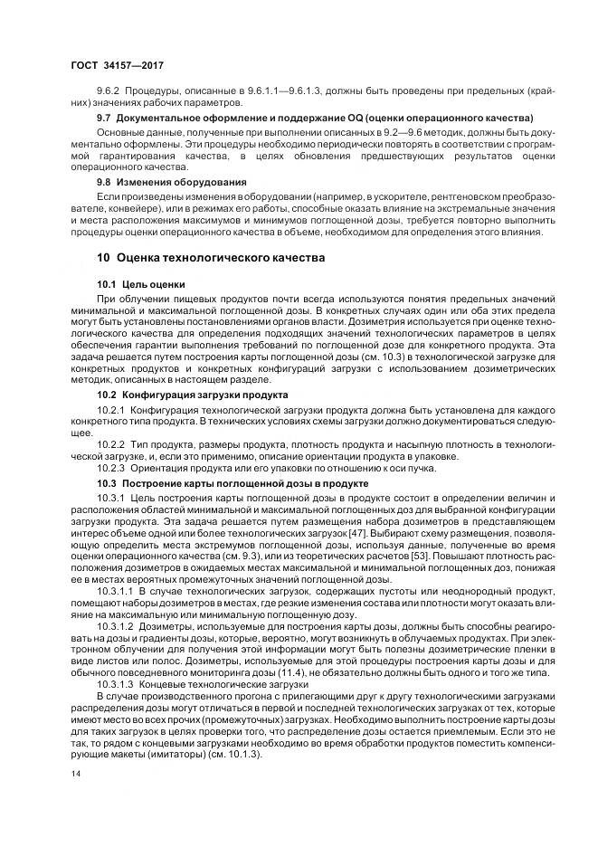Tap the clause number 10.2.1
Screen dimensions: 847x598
(x=111, y=411)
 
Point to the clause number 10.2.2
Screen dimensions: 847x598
(x=111, y=445)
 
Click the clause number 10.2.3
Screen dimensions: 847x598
(x=111, y=469)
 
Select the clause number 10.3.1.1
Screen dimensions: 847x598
(x=116, y=590)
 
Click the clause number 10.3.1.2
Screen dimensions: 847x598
(x=116, y=625)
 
